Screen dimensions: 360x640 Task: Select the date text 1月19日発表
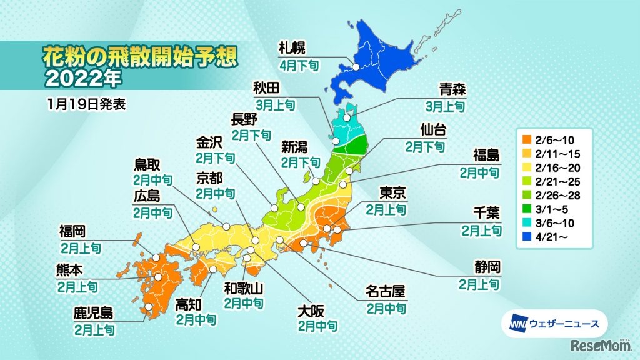pos(86,104)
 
